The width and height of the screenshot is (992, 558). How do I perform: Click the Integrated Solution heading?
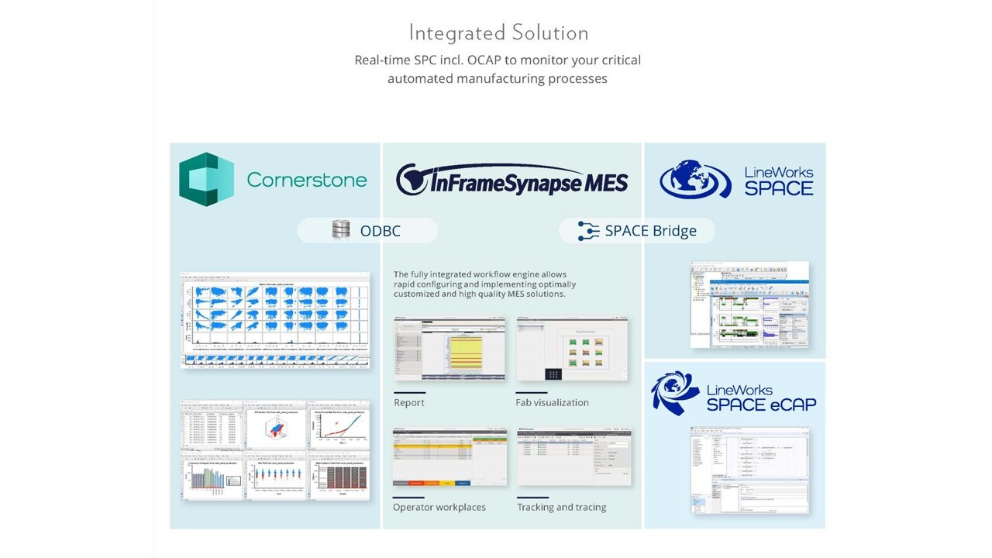498,33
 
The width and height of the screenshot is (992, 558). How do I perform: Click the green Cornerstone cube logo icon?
206,179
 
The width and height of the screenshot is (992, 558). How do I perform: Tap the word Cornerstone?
306,180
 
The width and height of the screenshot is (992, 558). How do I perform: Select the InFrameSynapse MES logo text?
511,181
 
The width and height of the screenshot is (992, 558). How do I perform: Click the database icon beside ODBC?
340,229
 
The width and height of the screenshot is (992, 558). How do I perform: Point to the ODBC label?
380,230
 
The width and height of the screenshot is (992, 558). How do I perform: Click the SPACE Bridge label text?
650,230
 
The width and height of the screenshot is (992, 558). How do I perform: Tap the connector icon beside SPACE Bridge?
589,230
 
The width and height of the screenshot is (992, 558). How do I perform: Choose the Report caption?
408,402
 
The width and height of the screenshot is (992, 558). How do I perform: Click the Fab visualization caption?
552,402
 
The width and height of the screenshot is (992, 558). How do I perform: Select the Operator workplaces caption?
439,507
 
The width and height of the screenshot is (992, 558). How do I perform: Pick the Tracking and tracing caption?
561,507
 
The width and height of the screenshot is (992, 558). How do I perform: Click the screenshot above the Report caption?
449,349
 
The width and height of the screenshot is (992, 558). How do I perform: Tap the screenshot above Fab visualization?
573,349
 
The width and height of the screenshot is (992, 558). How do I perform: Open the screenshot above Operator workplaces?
449,456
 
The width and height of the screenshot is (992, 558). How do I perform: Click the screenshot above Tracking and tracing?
573,456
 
